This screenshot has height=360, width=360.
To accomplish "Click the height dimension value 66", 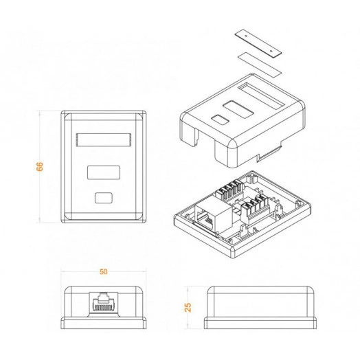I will (x=39, y=166).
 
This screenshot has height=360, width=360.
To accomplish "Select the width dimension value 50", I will (x=103, y=272).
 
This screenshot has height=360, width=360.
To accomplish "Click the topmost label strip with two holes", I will (x=256, y=42).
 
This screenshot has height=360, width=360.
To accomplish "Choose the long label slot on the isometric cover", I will (x=263, y=91).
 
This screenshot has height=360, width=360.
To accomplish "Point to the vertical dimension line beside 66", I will (x=39, y=137).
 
